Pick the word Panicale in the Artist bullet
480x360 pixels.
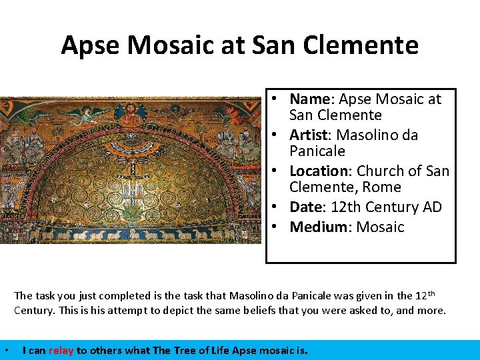click(317, 151)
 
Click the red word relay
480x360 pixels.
click(60, 350)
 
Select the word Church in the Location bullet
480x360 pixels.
click(379, 171)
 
